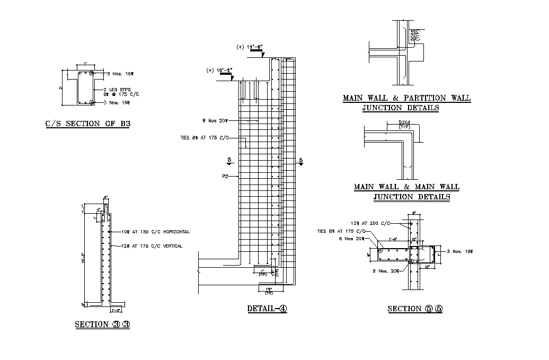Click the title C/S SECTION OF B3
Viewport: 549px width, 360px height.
tap(87, 124)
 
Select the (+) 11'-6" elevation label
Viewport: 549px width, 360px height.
tap(250, 47)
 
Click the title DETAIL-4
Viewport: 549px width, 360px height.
tap(267, 309)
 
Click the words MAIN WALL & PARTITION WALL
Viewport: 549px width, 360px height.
tap(406, 98)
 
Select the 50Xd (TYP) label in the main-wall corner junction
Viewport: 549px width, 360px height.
tap(397, 125)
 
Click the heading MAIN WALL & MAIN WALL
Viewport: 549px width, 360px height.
tap(406, 187)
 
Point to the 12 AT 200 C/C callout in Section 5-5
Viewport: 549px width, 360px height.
tap(371, 223)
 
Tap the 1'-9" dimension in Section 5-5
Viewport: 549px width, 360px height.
tap(393, 239)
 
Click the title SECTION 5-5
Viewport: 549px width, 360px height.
tap(414, 309)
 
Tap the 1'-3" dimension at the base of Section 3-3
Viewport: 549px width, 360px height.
tap(116, 309)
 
